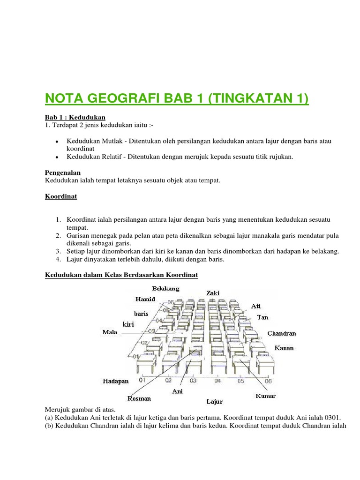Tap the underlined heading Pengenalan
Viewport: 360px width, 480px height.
click(x=63, y=172)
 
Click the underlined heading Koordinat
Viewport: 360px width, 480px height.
click(x=61, y=197)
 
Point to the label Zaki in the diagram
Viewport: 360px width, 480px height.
click(x=212, y=293)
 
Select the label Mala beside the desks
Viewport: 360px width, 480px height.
click(x=110, y=332)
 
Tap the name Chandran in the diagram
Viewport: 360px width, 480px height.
click(x=281, y=333)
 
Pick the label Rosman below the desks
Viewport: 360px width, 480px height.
click(x=139, y=398)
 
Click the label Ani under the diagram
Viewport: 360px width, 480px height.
click(x=177, y=391)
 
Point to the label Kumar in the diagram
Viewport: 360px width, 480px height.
click(x=265, y=396)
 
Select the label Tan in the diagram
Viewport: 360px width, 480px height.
click(x=262, y=317)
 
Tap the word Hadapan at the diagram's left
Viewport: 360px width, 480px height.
click(x=115, y=381)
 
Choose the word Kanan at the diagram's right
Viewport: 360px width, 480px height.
click(x=284, y=348)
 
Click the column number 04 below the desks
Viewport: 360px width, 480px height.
click(x=217, y=381)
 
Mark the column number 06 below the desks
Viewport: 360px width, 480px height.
click(x=268, y=381)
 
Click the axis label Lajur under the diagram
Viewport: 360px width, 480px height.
click(x=214, y=402)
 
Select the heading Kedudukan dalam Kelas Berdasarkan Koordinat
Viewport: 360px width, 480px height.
click(x=121, y=276)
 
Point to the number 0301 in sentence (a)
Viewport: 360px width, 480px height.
click(x=332, y=417)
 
